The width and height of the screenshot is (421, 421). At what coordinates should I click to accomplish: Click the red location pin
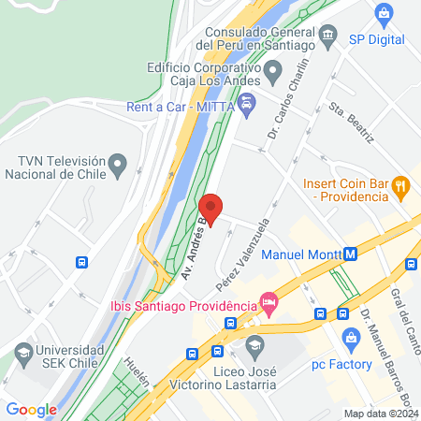(x=211, y=209)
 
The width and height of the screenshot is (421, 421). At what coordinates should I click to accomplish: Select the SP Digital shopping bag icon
(x=384, y=14)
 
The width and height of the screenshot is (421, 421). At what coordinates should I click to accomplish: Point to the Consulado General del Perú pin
(x=327, y=36)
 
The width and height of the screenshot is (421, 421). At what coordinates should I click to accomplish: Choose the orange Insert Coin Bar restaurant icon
(x=400, y=185)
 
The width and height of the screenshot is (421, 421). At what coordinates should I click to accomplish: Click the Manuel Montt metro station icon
(x=352, y=254)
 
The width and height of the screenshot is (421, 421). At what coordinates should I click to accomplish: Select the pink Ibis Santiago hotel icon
(x=269, y=301)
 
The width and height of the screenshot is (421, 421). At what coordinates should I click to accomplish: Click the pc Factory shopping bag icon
(x=351, y=338)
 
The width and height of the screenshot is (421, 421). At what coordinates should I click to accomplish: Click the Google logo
(x=31, y=409)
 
